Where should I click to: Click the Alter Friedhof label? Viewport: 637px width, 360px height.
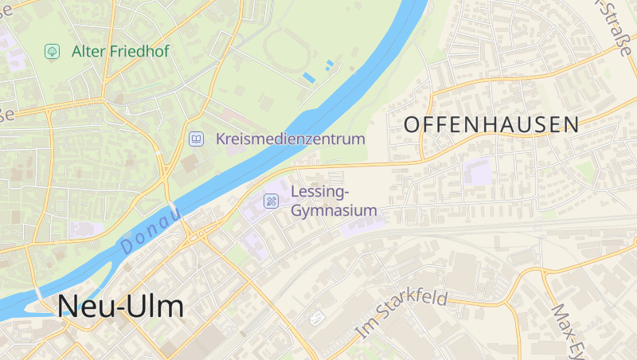[x=120, y=51]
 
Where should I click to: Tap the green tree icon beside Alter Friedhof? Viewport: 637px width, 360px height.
[x=52, y=51]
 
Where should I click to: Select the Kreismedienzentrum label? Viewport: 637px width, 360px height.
[x=290, y=139]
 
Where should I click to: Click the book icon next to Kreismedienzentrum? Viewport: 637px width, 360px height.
[x=195, y=139]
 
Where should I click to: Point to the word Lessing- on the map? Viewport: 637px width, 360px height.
[x=320, y=191]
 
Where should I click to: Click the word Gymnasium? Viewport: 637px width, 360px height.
[x=334, y=211]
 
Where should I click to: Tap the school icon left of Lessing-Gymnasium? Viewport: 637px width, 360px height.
[x=272, y=201]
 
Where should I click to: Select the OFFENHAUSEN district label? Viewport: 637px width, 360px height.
[x=491, y=124]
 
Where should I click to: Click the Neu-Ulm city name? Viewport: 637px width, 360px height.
[x=120, y=307]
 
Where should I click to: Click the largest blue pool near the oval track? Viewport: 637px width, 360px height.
[x=308, y=77]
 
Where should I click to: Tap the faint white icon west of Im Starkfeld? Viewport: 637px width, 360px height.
[x=318, y=319]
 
